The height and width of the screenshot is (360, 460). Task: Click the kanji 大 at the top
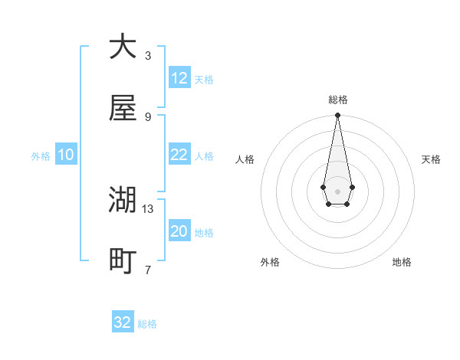[123, 47]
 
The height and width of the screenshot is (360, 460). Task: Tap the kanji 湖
[123, 200]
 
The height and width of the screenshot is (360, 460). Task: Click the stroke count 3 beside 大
[148, 55]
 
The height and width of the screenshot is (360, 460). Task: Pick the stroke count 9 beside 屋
[148, 116]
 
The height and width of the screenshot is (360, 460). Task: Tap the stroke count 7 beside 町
[148, 270]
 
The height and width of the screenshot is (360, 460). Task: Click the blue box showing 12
[179, 77]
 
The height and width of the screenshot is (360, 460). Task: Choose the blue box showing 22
[179, 155]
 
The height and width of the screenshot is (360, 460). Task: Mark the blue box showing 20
[179, 231]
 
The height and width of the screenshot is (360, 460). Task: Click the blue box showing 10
[66, 155]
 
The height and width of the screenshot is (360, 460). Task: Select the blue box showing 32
[123, 322]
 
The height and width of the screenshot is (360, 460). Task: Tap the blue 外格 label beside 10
[41, 156]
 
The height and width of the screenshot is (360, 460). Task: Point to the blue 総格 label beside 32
[147, 324]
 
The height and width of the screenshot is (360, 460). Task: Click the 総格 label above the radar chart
[337, 100]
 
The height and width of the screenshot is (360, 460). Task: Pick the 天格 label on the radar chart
[431, 159]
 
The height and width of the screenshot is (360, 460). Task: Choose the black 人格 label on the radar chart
[245, 159]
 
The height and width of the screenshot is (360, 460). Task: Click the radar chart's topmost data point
[337, 115]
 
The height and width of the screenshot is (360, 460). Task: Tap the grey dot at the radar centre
[337, 190]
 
